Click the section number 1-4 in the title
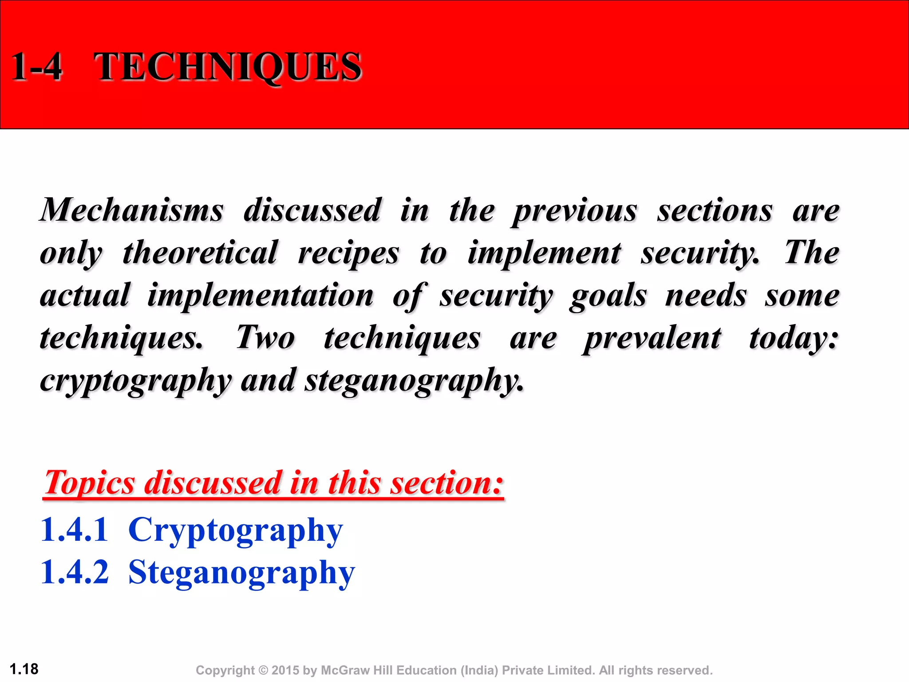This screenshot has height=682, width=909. [36, 67]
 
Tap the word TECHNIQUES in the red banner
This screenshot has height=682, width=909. [228, 67]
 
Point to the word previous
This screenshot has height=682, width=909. [575, 211]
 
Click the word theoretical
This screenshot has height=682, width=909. [200, 253]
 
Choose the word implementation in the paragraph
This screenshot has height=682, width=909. [261, 295]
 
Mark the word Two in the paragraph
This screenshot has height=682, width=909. [265, 337]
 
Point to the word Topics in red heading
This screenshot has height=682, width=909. [89, 483]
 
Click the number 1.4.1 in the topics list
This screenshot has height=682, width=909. [74, 529]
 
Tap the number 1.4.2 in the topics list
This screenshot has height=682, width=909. [74, 572]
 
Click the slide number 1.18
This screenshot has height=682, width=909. [24, 669]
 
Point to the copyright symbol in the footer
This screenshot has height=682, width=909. [264, 670]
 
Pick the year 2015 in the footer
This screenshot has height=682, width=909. [285, 670]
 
